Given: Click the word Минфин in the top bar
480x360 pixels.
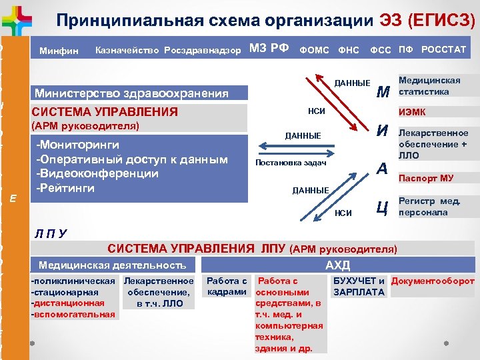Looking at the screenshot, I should [x=59, y=51].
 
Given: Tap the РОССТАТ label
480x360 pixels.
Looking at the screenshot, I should [x=443, y=49].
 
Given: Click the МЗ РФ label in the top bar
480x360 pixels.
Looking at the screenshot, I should [x=269, y=48].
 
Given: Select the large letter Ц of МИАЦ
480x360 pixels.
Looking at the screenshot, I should [x=382, y=207].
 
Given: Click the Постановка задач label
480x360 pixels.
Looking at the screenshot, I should [x=291, y=163].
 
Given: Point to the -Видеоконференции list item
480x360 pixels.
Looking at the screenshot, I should [x=97, y=173].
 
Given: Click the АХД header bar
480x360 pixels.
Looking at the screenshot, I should [x=337, y=265].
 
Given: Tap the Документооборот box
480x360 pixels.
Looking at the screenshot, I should [x=433, y=281].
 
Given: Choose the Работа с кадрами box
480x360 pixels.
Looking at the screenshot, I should [x=227, y=287].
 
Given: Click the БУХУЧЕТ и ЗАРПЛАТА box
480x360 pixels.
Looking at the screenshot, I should [x=359, y=287].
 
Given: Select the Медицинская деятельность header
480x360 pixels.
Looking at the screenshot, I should [x=112, y=265].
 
